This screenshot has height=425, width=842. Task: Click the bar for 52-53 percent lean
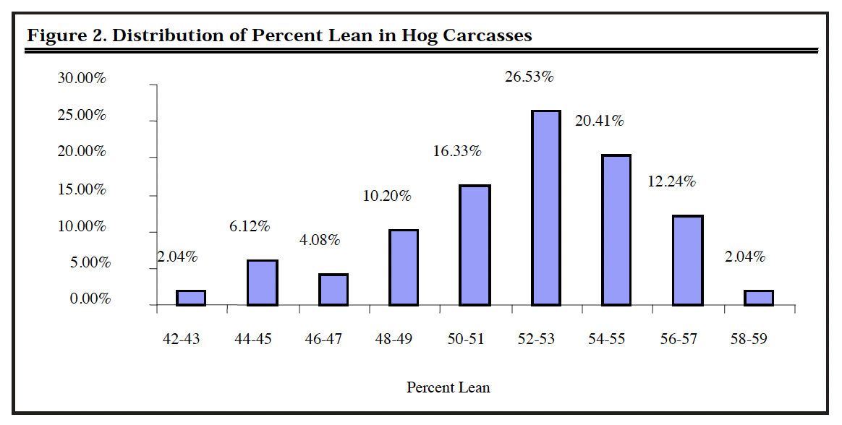coord(546,208)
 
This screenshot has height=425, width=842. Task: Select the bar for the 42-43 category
coord(191,298)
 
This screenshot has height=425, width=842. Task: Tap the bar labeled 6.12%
coord(262,283)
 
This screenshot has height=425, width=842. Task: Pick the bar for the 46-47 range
coord(333,290)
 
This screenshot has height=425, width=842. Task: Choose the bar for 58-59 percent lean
coord(759,298)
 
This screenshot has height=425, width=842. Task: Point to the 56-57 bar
coord(688,260)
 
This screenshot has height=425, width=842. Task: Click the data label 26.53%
coord(529,77)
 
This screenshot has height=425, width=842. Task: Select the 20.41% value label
coord(599,121)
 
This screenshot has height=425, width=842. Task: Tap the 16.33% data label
coord(457,152)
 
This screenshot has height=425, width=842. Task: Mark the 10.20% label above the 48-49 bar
coord(386,196)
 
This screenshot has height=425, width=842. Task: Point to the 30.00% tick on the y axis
coord(82,79)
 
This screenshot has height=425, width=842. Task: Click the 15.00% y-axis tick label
coord(82,189)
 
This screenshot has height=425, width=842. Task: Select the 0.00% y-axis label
coord(85,299)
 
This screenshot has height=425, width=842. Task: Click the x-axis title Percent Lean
coord(448,388)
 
